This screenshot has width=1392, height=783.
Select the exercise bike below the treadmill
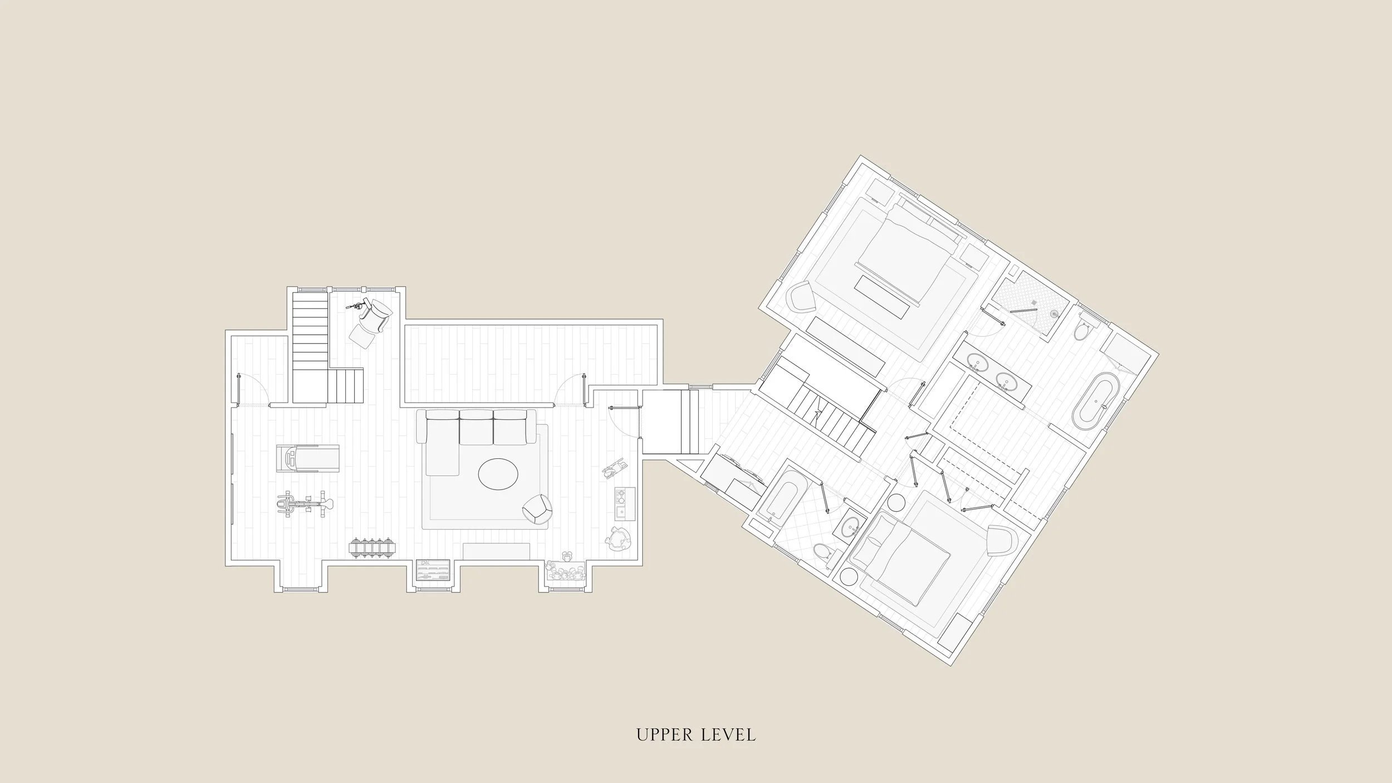pos(305,505)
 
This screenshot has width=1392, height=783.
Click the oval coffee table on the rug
pos(498,474)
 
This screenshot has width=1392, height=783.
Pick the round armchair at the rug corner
pos(538,509)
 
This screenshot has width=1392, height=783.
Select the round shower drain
pos(1053,314)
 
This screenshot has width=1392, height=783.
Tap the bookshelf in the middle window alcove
pos(432,570)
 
